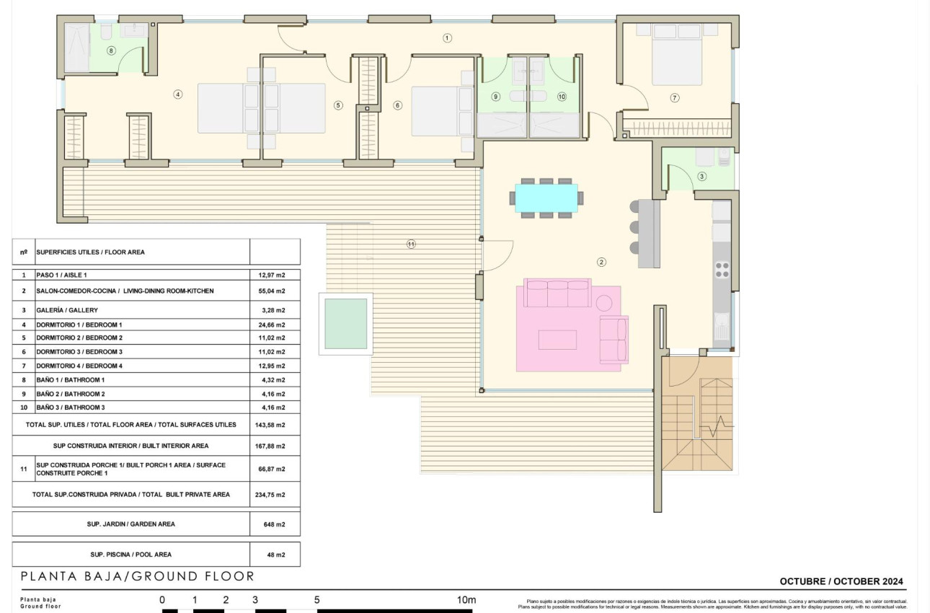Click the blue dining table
point(546,198)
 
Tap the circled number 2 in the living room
point(601,262)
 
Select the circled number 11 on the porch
point(411,244)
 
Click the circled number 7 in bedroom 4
point(675,97)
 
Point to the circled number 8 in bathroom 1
point(110,50)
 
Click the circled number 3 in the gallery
point(701,176)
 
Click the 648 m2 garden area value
point(275,524)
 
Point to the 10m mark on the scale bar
point(466,600)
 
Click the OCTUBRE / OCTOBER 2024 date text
point(841,581)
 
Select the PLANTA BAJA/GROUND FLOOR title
point(138,576)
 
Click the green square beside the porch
point(346,324)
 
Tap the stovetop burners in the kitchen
point(722,269)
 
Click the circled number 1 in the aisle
point(447,38)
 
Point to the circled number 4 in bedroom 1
point(177,94)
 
